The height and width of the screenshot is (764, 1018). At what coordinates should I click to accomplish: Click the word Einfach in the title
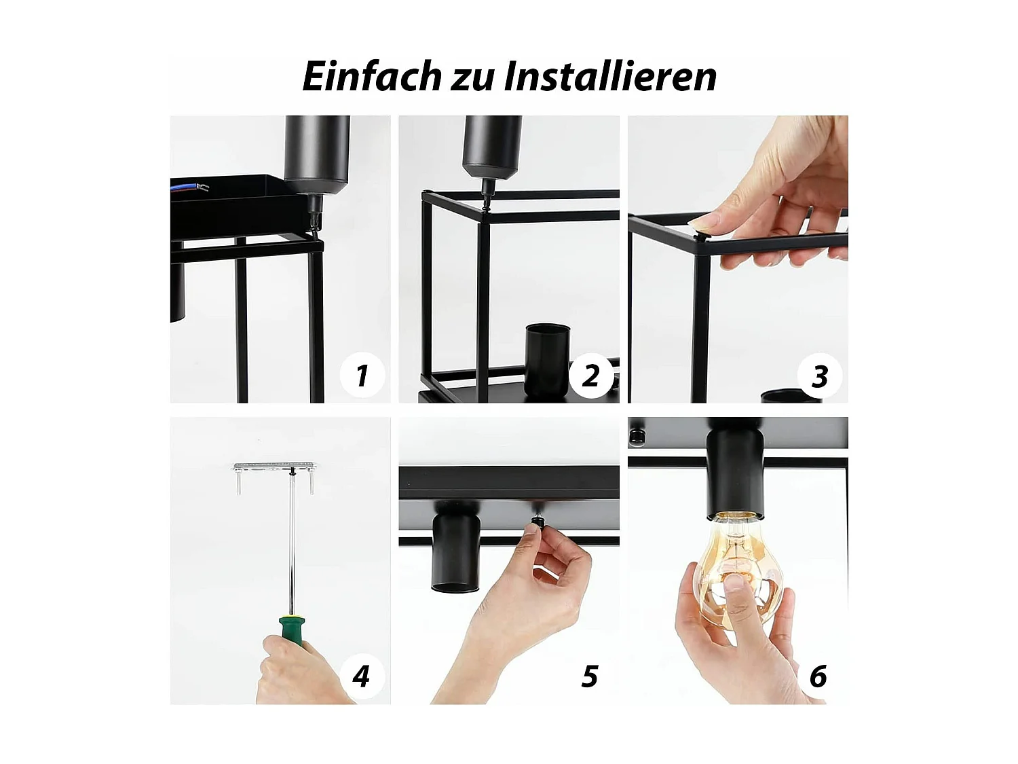coord(372,76)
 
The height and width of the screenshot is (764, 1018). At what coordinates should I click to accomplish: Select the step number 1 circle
coord(361,375)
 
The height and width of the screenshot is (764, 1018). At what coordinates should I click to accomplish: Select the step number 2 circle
coord(590,375)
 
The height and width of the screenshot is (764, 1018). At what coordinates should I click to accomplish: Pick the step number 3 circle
coord(819,376)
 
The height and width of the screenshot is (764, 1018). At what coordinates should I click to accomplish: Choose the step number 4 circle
coord(361,676)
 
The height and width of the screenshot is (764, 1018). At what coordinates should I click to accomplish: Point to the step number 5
coord(590,676)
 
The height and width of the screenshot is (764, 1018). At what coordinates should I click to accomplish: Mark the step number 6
coord(818,676)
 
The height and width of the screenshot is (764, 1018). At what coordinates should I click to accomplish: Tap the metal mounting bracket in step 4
coord(274,467)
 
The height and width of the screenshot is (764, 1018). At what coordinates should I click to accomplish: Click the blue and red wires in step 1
coord(190,186)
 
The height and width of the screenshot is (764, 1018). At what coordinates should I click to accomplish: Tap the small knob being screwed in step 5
coord(536,526)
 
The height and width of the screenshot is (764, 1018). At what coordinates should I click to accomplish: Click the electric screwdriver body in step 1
coord(316,153)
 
